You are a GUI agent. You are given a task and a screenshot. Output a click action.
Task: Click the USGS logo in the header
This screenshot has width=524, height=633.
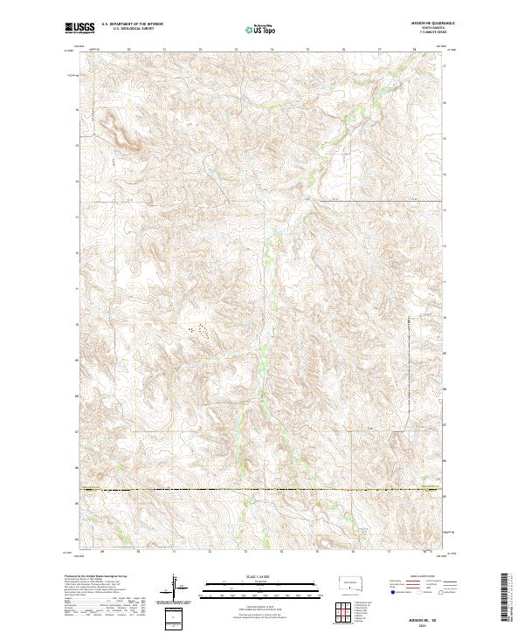(x=80, y=29)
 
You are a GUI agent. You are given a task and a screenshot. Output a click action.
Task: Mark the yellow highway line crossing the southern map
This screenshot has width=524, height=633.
(x=262, y=491)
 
